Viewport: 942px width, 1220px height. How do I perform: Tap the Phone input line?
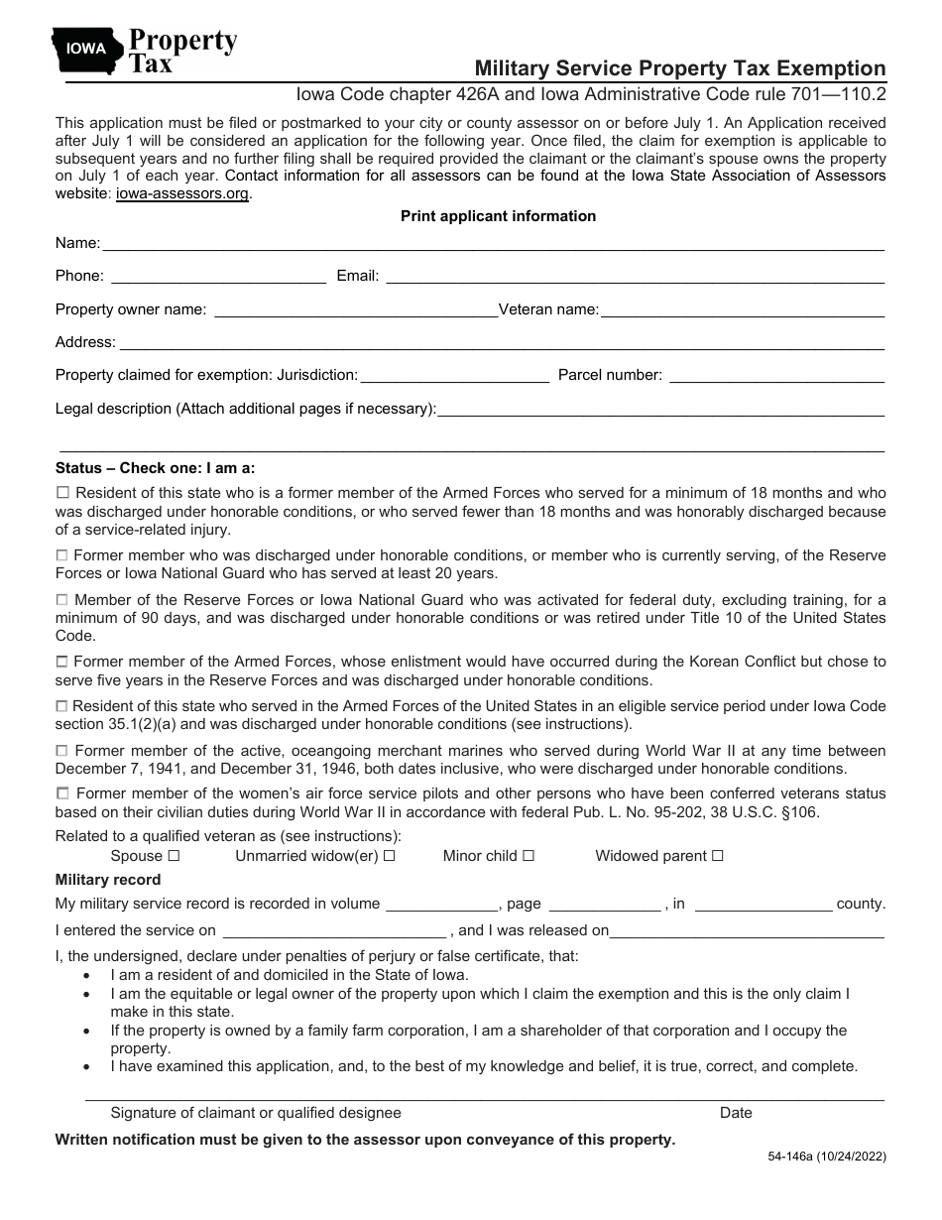(x=217, y=277)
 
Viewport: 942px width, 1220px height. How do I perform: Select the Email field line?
(x=634, y=277)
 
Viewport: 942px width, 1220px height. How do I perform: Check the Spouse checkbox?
(x=174, y=855)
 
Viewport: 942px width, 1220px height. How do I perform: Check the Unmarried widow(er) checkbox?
(x=390, y=855)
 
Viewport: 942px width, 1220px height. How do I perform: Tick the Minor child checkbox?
(x=529, y=855)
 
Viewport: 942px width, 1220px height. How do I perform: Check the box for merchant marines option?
(x=62, y=751)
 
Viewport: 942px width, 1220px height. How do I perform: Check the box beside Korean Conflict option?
(x=62, y=661)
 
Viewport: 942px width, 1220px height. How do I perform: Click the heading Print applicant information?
(x=498, y=216)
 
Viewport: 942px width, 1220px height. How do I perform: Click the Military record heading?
(x=108, y=880)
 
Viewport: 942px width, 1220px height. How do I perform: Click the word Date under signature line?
(x=736, y=1113)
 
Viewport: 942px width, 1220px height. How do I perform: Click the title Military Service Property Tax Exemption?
(x=679, y=68)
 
